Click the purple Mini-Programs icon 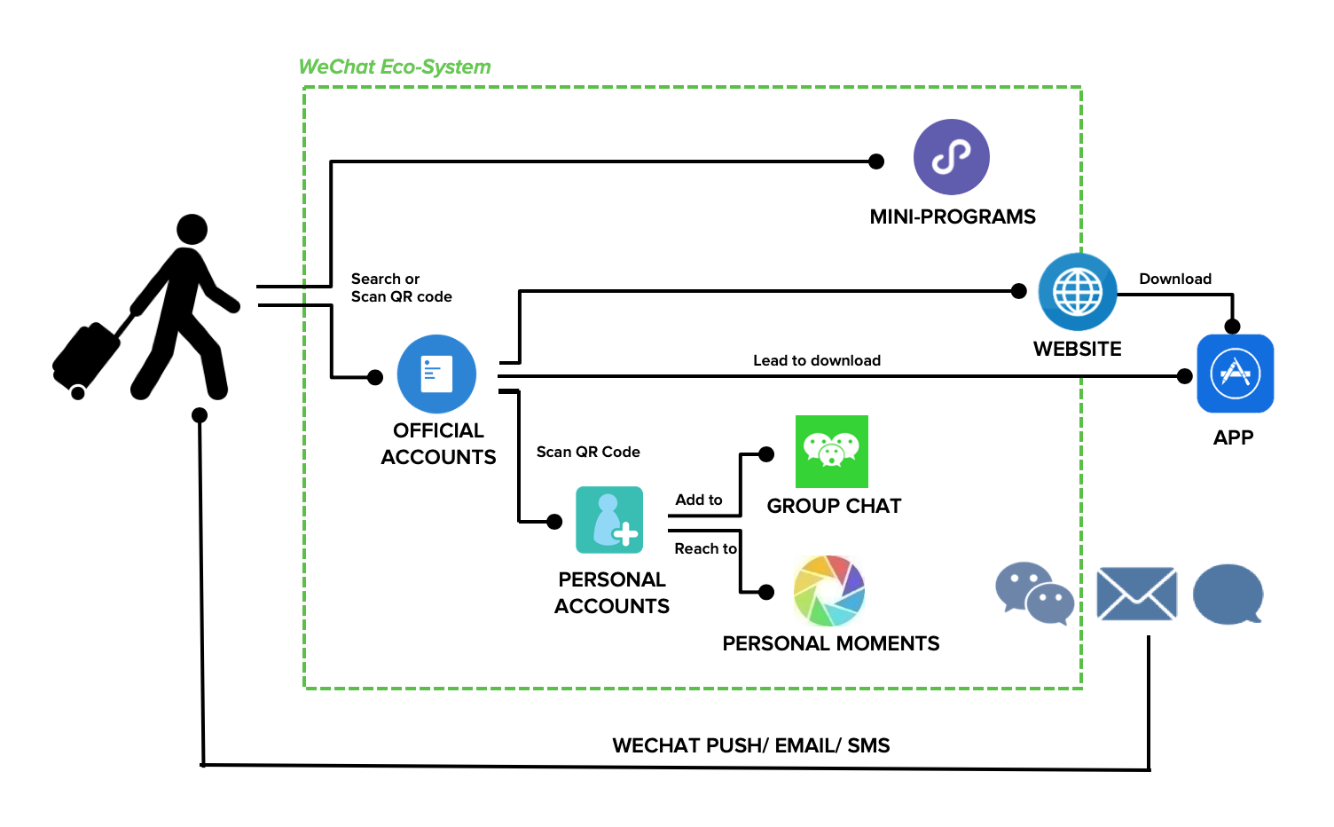click(951, 157)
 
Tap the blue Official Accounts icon click(436, 374)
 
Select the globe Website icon click(1077, 291)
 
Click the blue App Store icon click(1235, 374)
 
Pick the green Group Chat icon click(831, 451)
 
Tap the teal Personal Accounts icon click(609, 520)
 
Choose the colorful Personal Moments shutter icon click(828, 590)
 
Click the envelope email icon click(1136, 594)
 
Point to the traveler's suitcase click(86, 357)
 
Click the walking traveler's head click(192, 229)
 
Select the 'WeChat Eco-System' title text click(395, 67)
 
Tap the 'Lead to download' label click(817, 360)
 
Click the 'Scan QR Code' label click(588, 452)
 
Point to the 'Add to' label click(699, 500)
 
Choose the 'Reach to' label click(705, 548)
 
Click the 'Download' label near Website click(1175, 279)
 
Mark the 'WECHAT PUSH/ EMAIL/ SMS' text click(750, 745)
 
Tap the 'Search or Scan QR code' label click(401, 287)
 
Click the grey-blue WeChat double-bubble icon click(1034, 593)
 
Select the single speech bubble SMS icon click(1228, 594)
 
